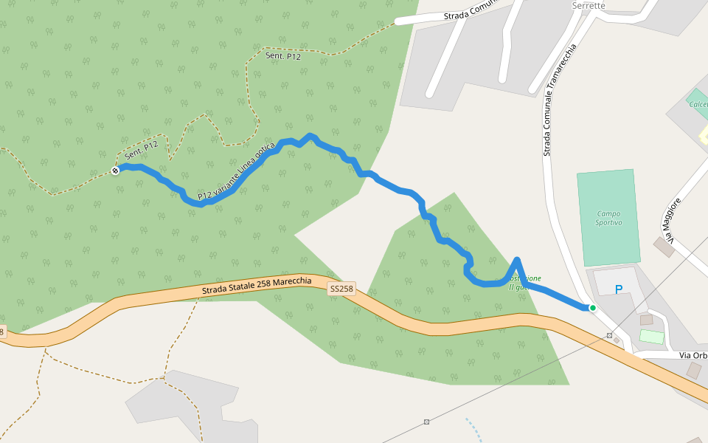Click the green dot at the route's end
point(592,307)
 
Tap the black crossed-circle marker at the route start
point(115,171)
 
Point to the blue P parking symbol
point(618,290)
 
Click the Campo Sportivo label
point(608,218)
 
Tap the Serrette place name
point(589,6)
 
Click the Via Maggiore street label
point(670,219)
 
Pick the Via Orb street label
point(693,356)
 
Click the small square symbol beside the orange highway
point(609,336)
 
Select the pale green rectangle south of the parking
point(651,337)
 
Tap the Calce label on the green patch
point(698,104)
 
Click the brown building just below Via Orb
point(694,370)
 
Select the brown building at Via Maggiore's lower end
point(664,247)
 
